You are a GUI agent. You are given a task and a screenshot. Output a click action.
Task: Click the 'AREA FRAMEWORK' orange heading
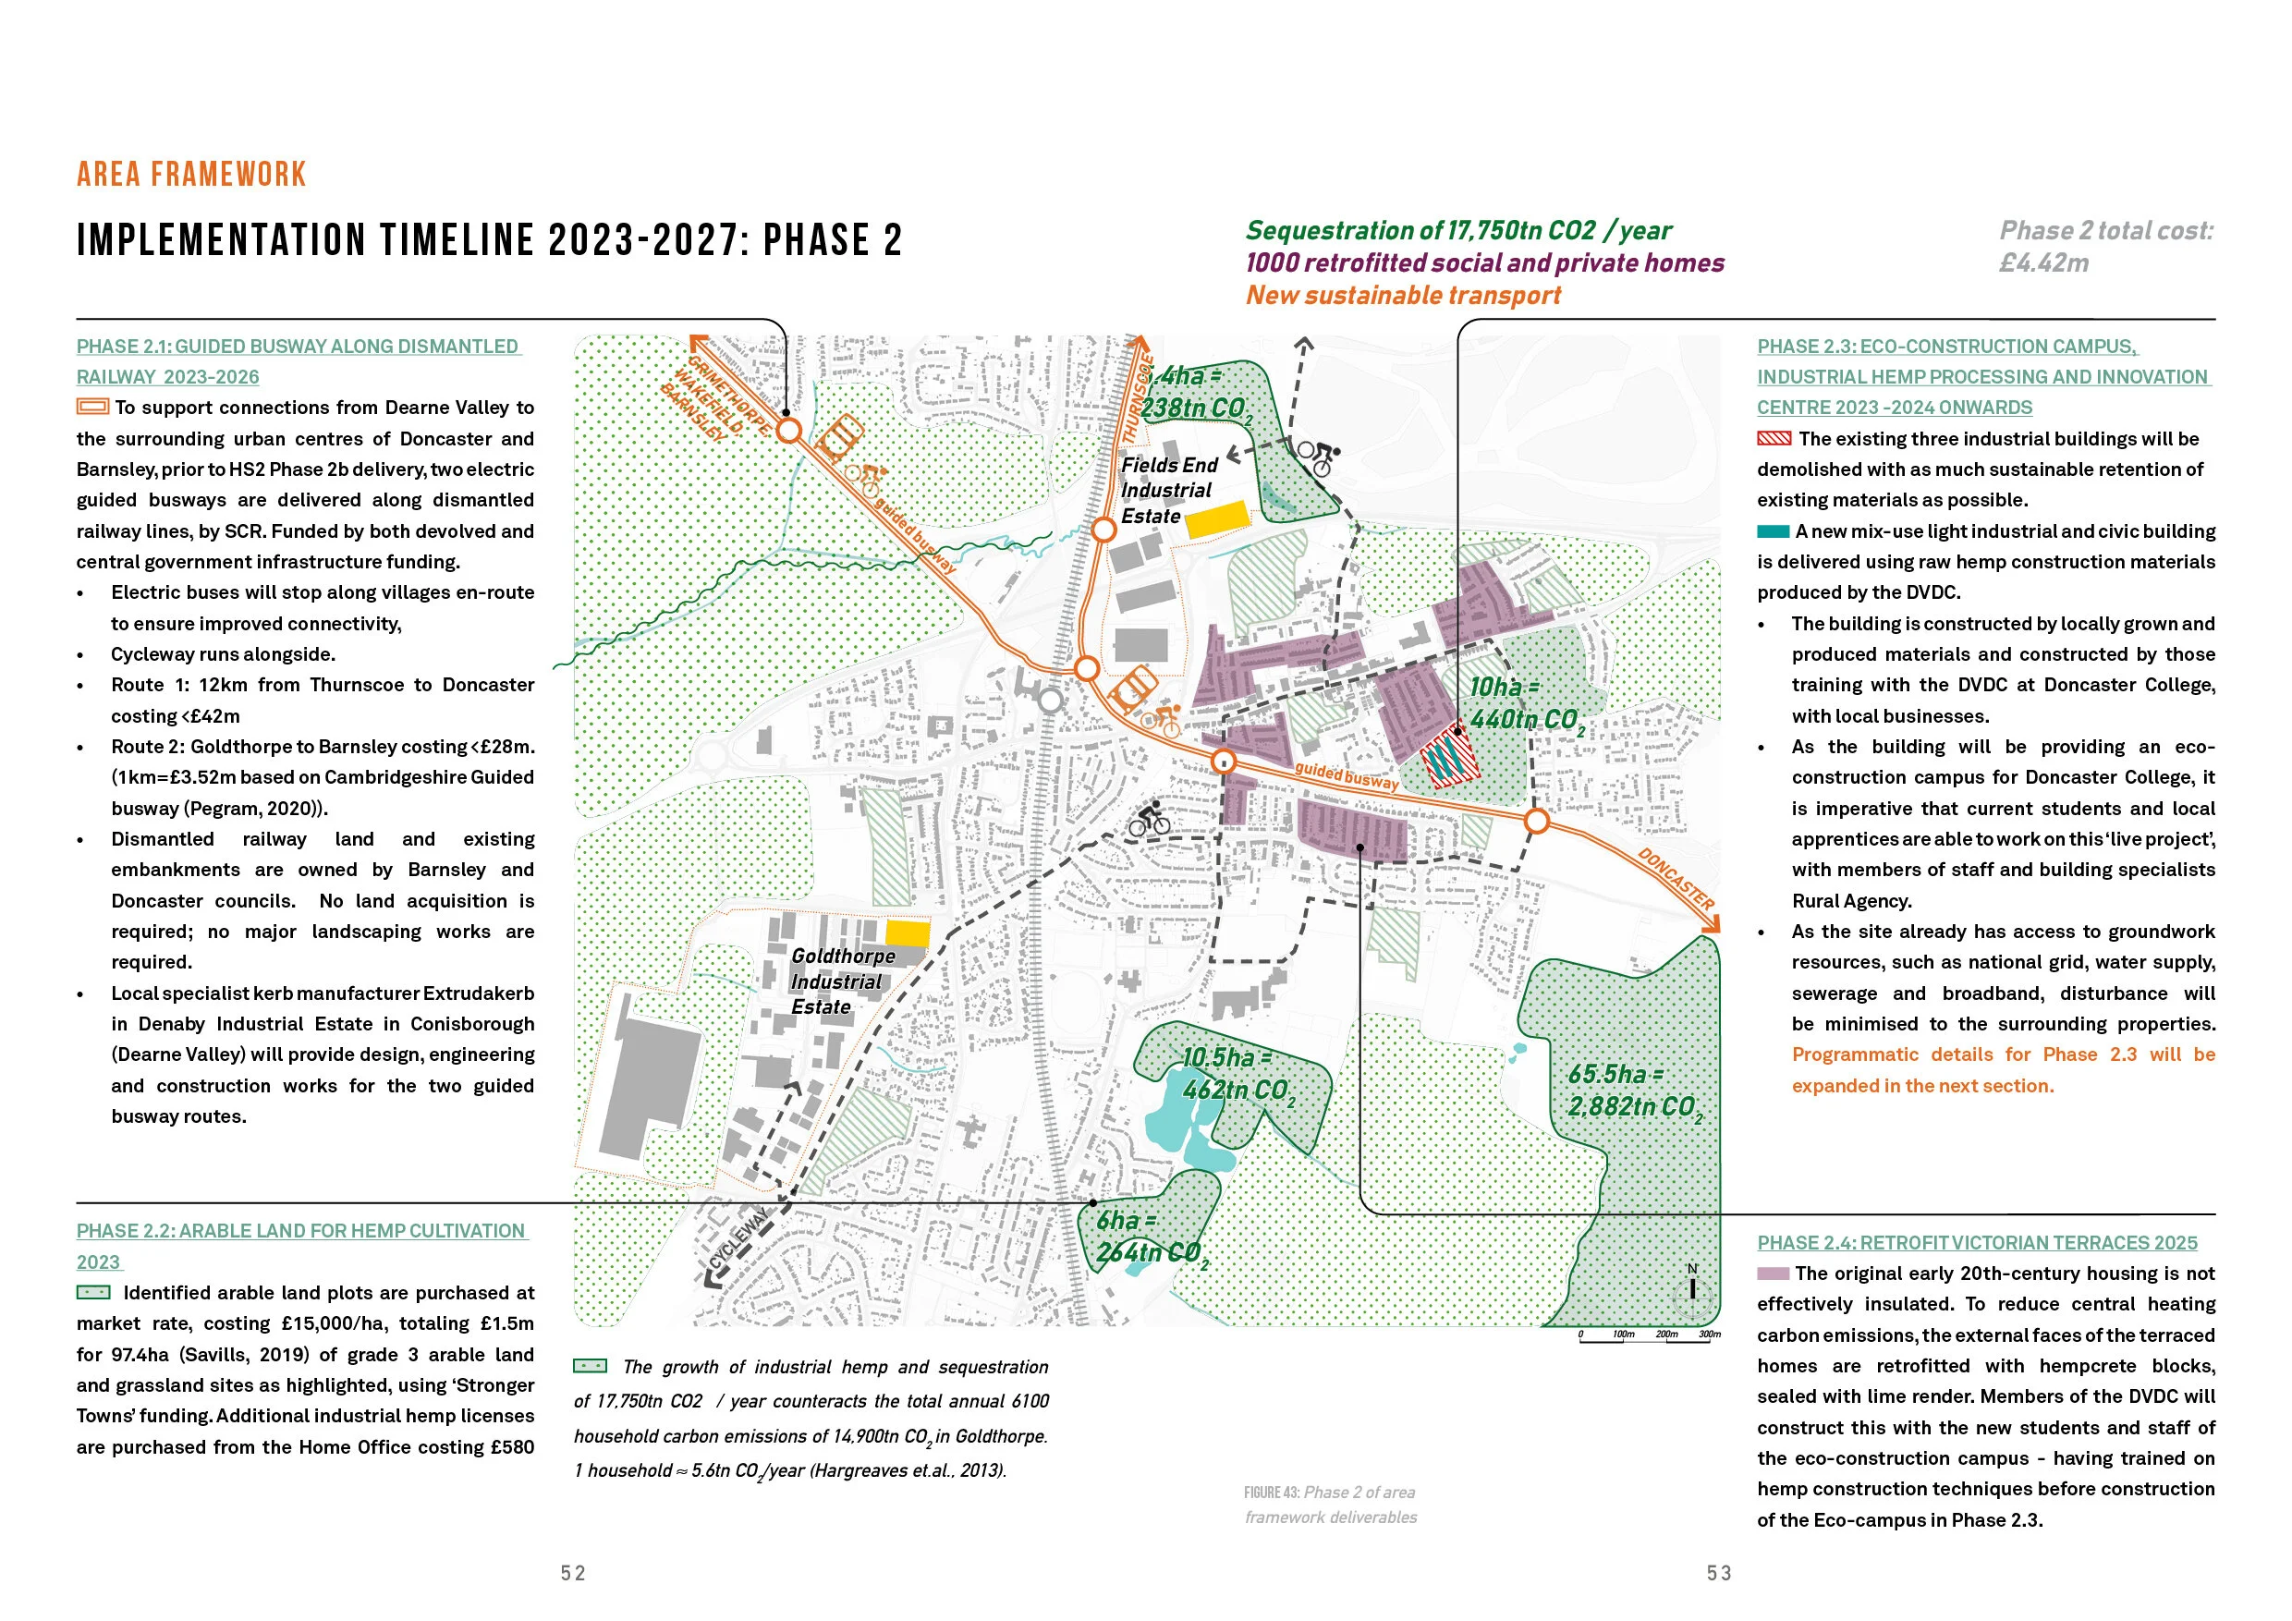(x=190, y=175)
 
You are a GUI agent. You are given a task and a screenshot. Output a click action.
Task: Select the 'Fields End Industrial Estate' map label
(x=1168, y=490)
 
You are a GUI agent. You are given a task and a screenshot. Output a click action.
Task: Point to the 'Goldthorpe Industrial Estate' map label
(x=842, y=981)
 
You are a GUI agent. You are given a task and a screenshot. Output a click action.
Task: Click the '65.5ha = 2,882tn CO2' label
(x=1632, y=1091)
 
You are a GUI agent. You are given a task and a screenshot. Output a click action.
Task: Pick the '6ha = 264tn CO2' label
(x=1149, y=1237)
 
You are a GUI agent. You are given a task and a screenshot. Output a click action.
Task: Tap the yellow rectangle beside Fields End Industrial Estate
(x=1217, y=519)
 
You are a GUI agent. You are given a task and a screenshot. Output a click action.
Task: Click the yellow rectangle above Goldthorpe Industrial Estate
(x=908, y=933)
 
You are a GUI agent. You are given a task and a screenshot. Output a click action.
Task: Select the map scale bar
(x=1649, y=1337)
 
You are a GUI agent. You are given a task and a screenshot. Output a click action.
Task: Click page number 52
(x=573, y=1573)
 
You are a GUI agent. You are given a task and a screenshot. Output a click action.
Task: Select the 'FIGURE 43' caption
(x=1330, y=1505)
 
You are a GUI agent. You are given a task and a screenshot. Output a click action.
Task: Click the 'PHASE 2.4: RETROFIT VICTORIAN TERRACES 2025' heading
(x=1977, y=1243)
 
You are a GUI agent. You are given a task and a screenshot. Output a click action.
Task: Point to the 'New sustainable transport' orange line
(x=1403, y=296)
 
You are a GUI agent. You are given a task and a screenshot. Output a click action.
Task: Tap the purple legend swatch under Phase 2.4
(x=1772, y=1274)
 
